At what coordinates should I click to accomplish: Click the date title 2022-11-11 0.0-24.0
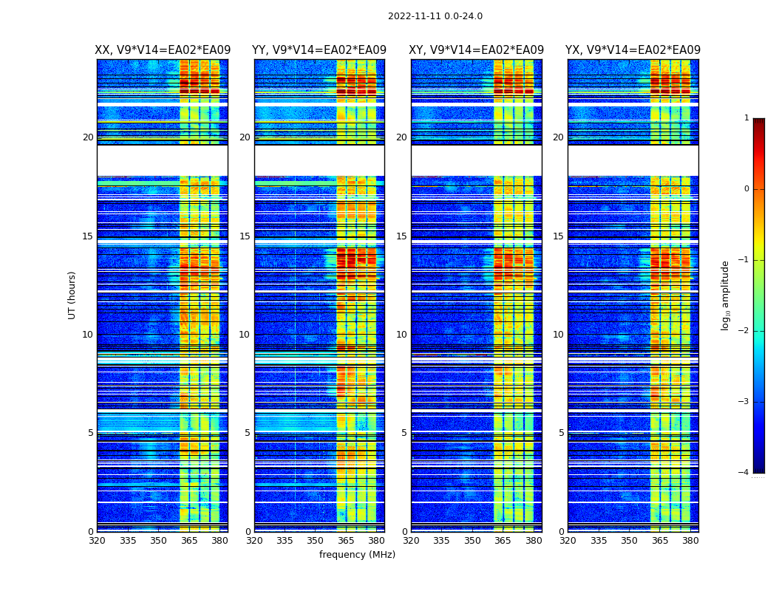point(435,16)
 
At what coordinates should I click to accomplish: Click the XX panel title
point(163,50)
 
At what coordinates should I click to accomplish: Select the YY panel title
point(319,50)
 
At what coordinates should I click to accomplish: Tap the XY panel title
point(477,50)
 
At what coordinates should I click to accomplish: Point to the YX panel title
point(633,50)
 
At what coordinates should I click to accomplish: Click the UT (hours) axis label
point(72,295)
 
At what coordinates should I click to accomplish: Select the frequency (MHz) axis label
point(357,555)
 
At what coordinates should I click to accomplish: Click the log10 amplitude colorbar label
point(726,295)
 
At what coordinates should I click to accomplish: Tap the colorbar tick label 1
point(746,118)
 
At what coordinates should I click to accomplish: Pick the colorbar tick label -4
point(744,473)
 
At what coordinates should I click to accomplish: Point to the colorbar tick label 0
point(746,189)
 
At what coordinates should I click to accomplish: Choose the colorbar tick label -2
point(744,331)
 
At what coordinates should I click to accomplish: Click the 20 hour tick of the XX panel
point(88,137)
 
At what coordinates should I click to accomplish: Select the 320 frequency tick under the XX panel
point(97,541)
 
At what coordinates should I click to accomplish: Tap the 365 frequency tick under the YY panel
point(346,541)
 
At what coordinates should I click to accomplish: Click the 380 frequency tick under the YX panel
point(690,541)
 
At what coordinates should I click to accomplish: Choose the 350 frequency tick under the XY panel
point(472,541)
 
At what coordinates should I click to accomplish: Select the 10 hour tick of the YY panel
point(245,335)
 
